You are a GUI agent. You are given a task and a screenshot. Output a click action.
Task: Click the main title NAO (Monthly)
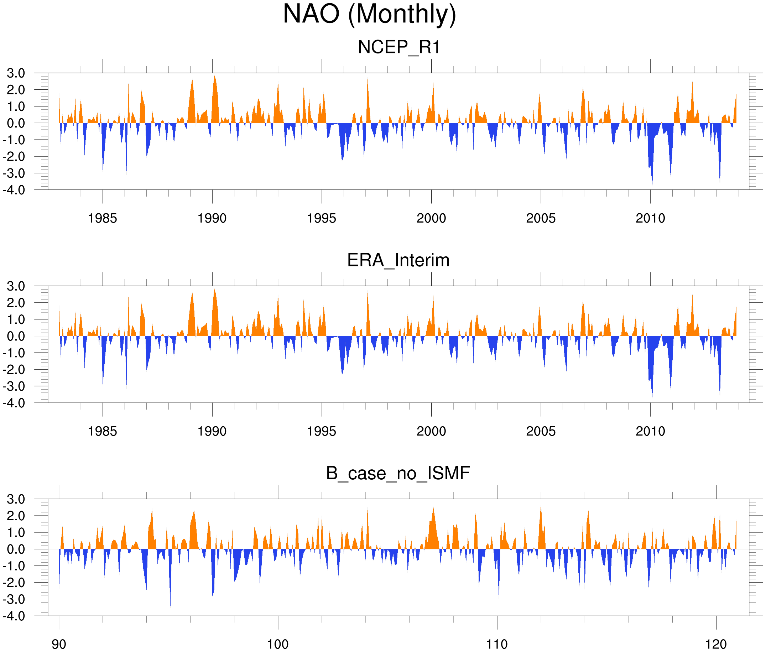click(369, 15)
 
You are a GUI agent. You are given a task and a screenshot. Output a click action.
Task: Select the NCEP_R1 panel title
click(399, 47)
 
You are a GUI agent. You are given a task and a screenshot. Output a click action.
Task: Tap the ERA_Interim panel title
click(398, 260)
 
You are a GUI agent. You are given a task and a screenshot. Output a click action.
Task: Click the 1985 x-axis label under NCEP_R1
click(103, 218)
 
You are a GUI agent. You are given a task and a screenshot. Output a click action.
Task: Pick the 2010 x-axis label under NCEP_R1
click(650, 218)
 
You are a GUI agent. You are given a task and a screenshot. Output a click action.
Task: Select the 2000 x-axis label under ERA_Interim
click(431, 431)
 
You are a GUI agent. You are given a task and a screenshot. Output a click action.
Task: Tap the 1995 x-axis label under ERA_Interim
click(322, 431)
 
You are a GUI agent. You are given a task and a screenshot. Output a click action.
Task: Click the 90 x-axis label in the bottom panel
click(59, 644)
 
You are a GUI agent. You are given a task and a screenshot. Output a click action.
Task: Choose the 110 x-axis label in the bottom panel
click(497, 644)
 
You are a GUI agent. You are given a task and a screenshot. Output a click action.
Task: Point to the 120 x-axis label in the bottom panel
click(716, 644)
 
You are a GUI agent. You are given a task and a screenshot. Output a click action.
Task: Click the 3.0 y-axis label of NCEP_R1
click(16, 73)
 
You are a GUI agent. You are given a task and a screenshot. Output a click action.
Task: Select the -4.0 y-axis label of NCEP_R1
click(14, 190)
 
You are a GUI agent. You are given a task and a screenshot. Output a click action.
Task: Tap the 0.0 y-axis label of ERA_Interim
click(16, 337)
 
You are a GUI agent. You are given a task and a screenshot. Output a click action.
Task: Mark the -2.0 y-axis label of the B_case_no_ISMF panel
click(14, 583)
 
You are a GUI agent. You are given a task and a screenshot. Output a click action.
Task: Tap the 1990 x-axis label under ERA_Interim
click(212, 431)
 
